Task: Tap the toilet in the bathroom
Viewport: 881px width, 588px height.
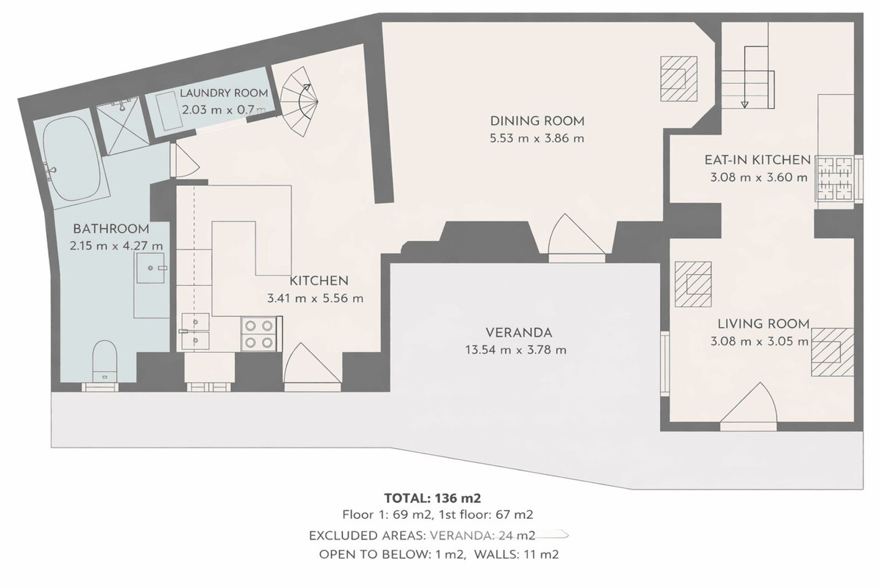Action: pyautogui.click(x=103, y=359)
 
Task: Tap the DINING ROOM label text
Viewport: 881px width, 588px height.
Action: pyautogui.click(x=537, y=121)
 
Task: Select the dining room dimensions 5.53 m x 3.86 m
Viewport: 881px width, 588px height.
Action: pyautogui.click(x=537, y=138)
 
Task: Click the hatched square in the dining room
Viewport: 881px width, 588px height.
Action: pyautogui.click(x=679, y=77)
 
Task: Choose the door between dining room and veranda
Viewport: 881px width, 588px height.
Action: pyautogui.click(x=577, y=237)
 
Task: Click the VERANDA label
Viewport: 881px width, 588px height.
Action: pyautogui.click(x=518, y=331)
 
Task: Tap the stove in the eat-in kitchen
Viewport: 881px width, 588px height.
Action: pyautogui.click(x=838, y=179)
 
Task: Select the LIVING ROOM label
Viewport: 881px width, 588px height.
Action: pyautogui.click(x=763, y=323)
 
